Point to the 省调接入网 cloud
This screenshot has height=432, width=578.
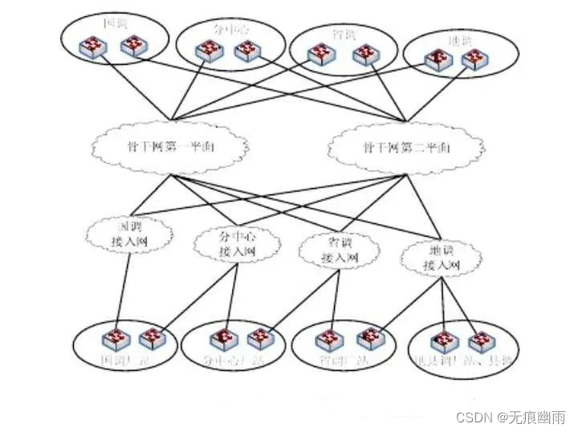click(x=338, y=251)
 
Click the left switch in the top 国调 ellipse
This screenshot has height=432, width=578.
click(x=94, y=49)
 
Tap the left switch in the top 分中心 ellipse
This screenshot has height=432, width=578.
click(x=206, y=51)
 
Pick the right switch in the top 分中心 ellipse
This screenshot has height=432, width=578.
click(x=246, y=51)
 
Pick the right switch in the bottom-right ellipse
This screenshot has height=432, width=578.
click(x=480, y=343)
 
